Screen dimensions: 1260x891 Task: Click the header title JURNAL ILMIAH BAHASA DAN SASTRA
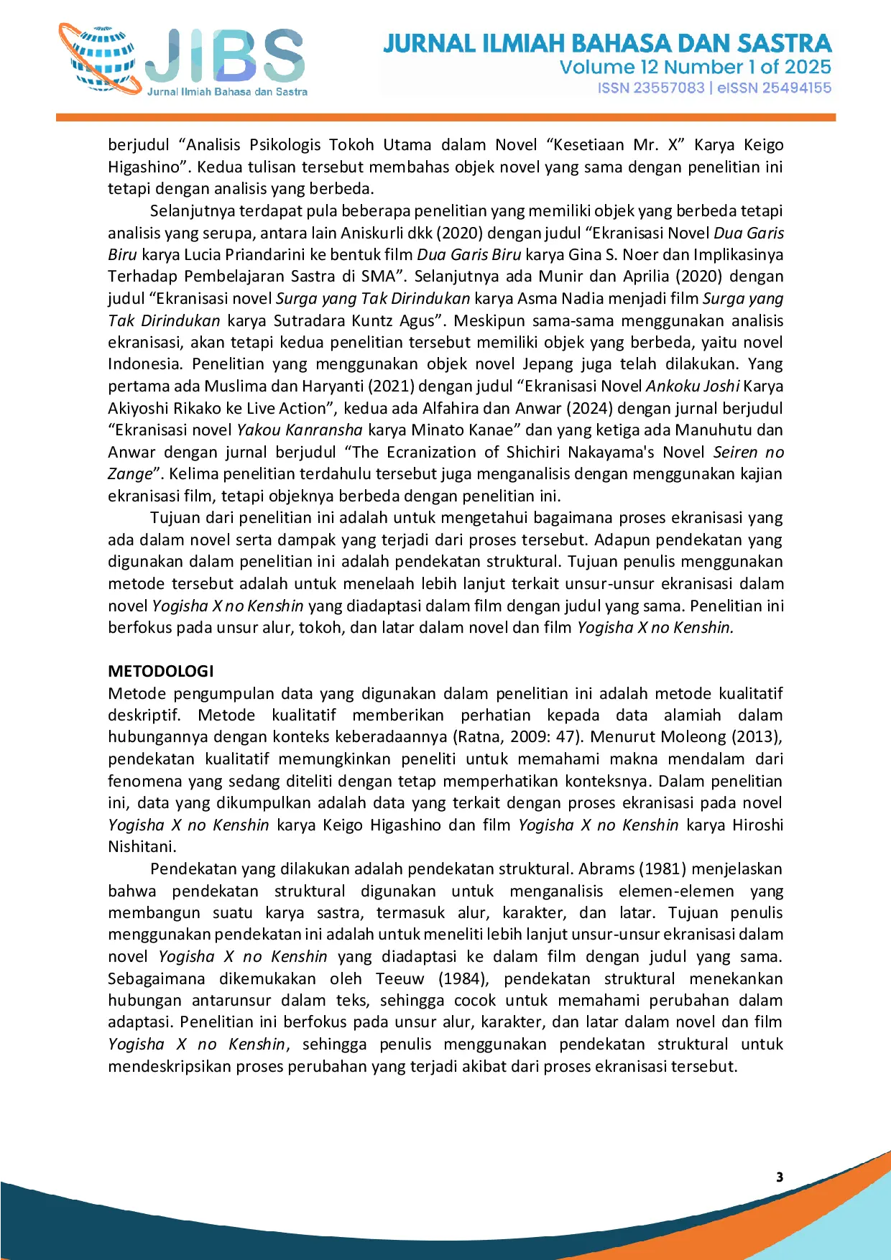point(607,43)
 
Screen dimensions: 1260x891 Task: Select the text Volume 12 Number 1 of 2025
point(695,68)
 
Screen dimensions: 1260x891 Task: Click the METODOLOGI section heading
point(161,671)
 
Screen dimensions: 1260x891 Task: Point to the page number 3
point(780,1177)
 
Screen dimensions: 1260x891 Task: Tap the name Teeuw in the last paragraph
point(400,978)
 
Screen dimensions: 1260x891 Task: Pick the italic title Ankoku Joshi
point(692,386)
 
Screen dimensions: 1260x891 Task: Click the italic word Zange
point(130,473)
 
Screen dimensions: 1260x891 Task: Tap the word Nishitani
point(141,846)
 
